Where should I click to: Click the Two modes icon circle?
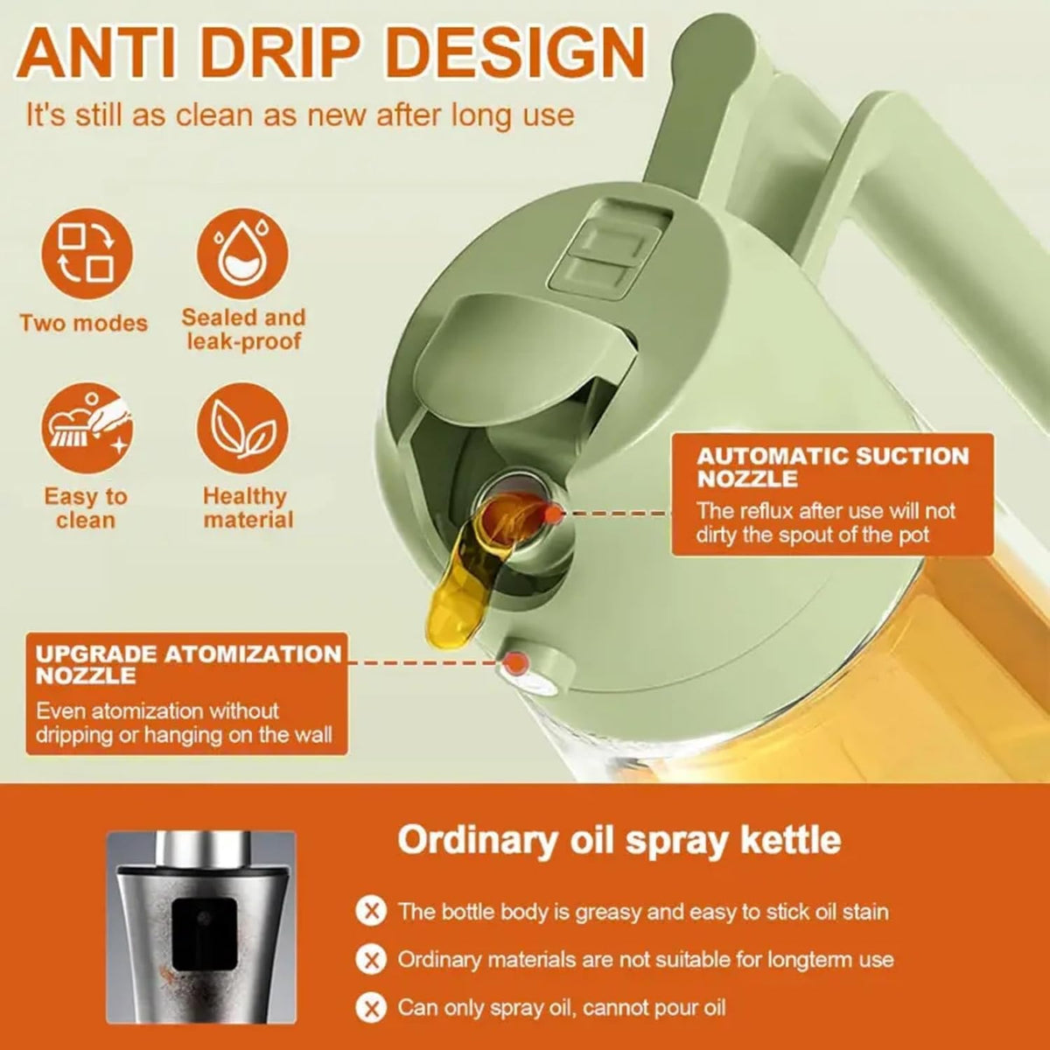point(87,254)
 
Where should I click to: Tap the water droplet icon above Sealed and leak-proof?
point(242,254)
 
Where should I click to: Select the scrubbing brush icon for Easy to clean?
point(87,428)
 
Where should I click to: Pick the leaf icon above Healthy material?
point(242,428)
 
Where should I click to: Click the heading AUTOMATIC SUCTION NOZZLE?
point(833,467)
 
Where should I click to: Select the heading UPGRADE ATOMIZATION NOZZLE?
point(188,664)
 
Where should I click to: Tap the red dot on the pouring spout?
point(554,514)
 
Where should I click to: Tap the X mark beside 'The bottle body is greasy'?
point(372,912)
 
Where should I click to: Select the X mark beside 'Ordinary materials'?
point(372,960)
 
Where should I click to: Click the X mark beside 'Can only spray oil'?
point(372,1007)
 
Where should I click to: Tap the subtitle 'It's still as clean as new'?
point(301,115)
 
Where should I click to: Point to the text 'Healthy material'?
point(248,507)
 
